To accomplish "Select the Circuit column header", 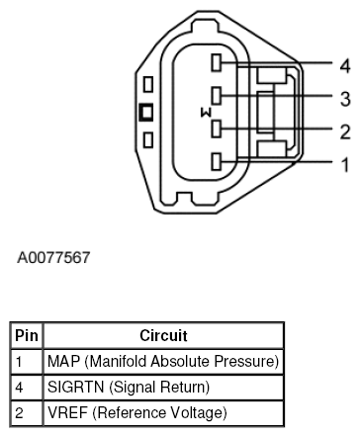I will [163, 336].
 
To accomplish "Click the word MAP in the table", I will [62, 360].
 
